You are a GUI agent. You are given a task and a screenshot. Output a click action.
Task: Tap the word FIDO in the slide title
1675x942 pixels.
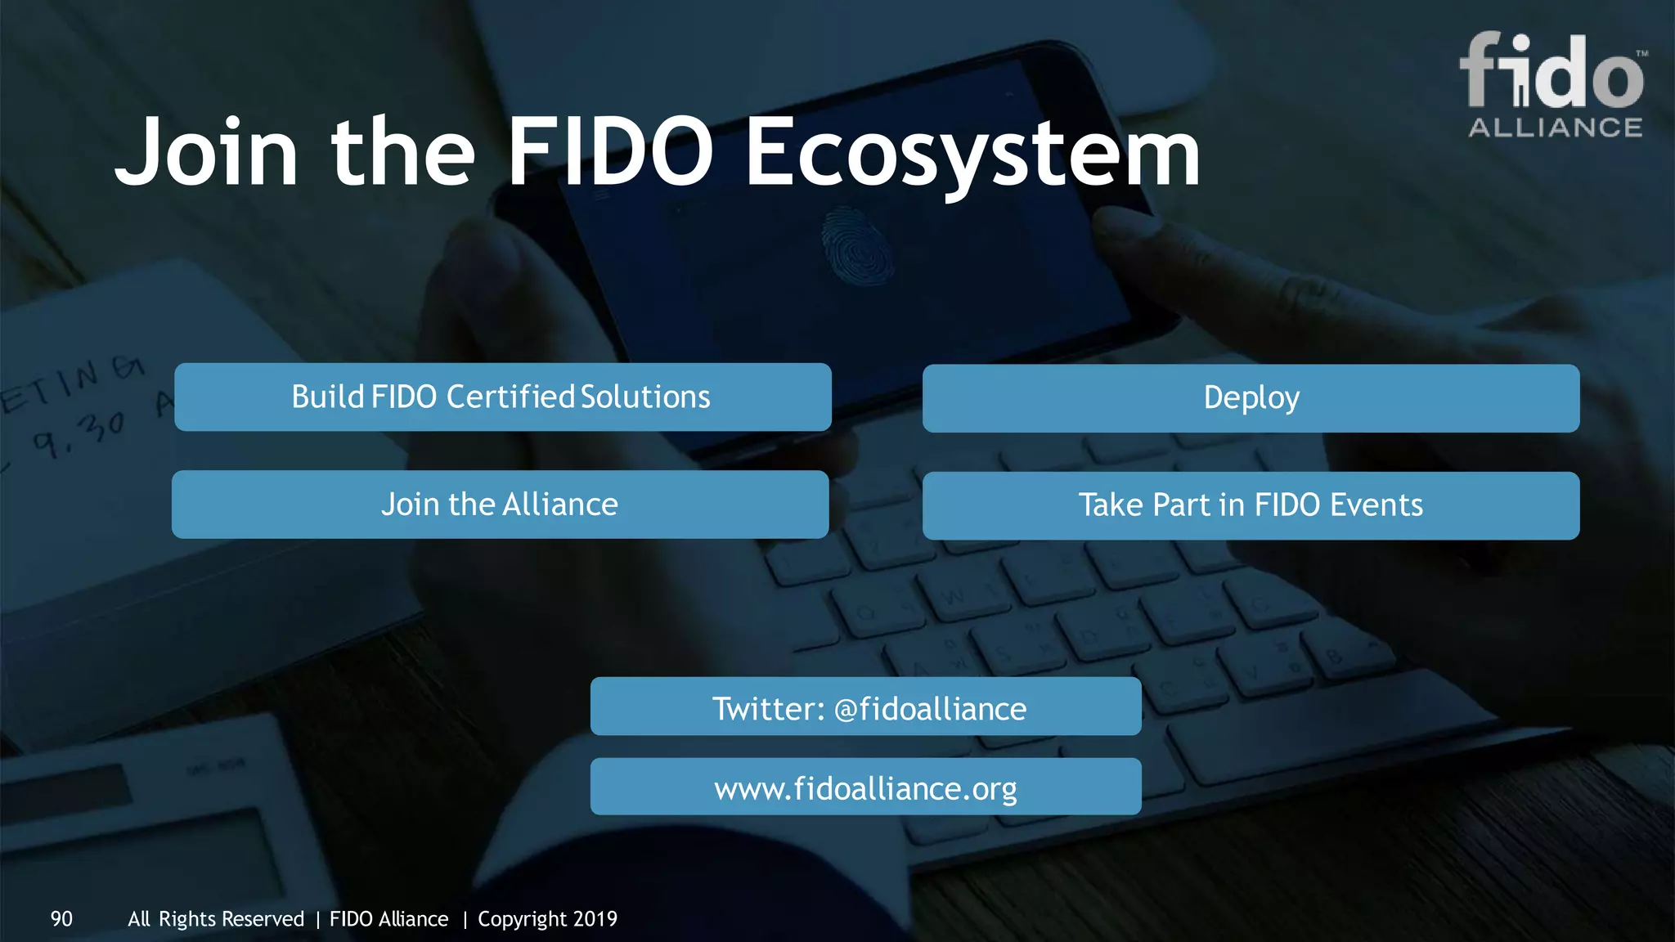[x=609, y=153]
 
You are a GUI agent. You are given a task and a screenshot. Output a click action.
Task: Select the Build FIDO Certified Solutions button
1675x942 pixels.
[x=502, y=397]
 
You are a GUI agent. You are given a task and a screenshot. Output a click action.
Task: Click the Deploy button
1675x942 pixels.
[x=1251, y=398]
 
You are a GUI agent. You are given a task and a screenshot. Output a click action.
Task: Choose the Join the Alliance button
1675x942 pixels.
[x=500, y=505]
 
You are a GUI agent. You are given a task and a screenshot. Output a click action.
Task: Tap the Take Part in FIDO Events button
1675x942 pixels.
[x=1251, y=505]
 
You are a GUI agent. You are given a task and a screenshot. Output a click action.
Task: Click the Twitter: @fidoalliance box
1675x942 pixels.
[x=865, y=706]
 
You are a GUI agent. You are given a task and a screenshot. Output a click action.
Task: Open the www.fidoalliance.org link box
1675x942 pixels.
[x=865, y=787]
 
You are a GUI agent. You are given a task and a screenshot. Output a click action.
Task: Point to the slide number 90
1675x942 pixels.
[x=61, y=919]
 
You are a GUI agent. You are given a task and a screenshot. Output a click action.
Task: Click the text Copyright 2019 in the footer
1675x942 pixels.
[x=547, y=919]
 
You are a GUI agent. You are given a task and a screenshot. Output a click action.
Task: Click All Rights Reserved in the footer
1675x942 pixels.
[x=216, y=919]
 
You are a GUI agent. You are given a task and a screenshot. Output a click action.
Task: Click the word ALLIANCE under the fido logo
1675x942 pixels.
[x=1555, y=128]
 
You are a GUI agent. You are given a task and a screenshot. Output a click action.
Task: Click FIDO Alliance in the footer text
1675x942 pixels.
[x=388, y=919]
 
